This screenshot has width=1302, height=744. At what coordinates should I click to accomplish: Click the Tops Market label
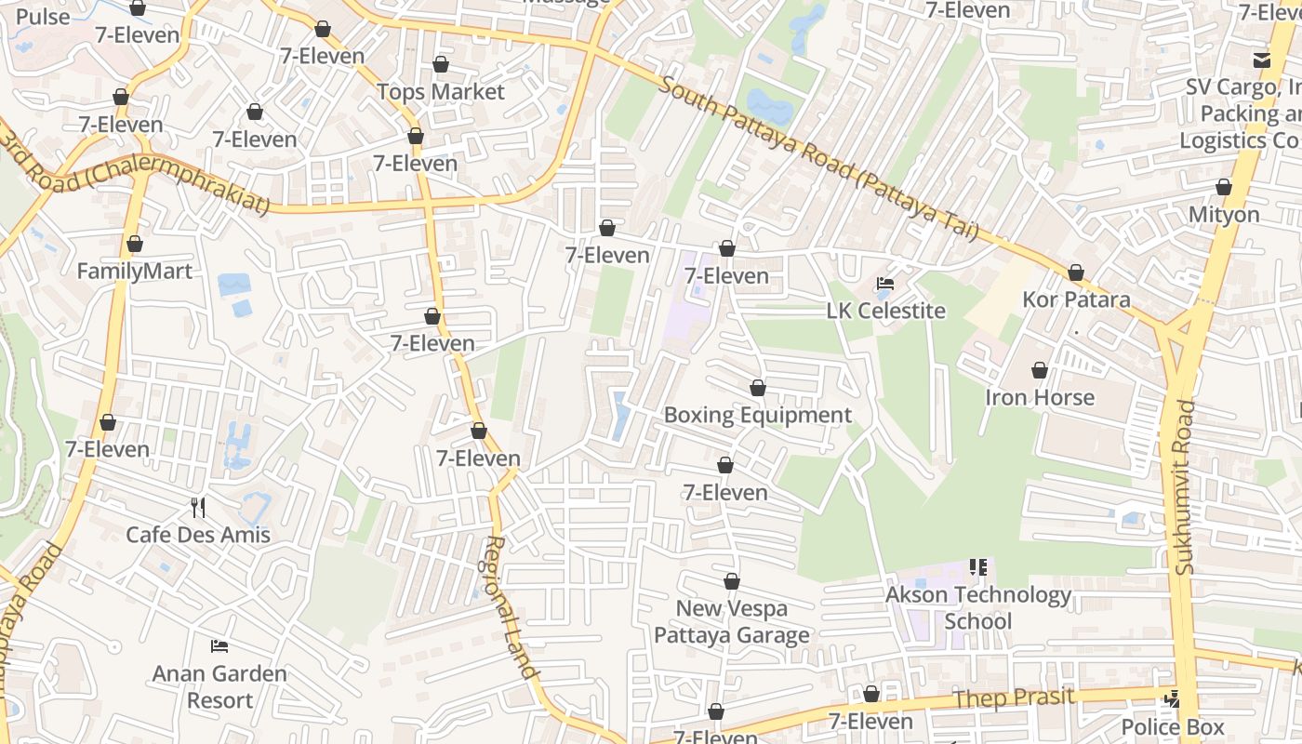coord(441,92)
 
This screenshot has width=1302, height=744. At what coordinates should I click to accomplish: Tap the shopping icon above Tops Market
coord(441,64)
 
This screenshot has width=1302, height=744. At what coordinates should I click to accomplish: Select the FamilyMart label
coord(135,272)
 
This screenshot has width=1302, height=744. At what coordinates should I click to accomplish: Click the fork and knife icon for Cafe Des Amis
coord(197,507)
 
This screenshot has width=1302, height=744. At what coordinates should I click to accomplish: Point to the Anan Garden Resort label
coord(220,686)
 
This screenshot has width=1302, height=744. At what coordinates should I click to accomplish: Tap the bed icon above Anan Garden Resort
coord(219,645)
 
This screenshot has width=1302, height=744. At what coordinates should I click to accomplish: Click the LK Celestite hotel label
coord(885,311)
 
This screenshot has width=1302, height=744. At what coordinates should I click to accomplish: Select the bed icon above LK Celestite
coord(885,283)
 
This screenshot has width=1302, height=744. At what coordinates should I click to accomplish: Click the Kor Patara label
coord(1076,299)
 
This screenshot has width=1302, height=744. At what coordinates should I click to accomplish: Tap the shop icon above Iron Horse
coord(1040,370)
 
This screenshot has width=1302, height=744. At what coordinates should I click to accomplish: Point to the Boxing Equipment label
coord(757,415)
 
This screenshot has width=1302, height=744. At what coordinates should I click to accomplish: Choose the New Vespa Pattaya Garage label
coord(731,622)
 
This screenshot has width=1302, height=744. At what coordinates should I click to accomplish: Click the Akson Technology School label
coord(978,607)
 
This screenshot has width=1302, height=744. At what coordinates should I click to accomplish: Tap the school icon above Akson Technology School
coord(977,566)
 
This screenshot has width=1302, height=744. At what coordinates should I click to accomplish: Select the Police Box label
coord(1173,726)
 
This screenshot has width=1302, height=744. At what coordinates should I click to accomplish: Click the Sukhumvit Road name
coord(1185,486)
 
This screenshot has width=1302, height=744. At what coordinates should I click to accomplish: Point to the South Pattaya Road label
coord(818,159)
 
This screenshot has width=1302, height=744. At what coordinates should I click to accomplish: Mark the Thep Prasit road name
coord(1015,699)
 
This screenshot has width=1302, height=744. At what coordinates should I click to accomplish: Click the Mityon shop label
coord(1224,215)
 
